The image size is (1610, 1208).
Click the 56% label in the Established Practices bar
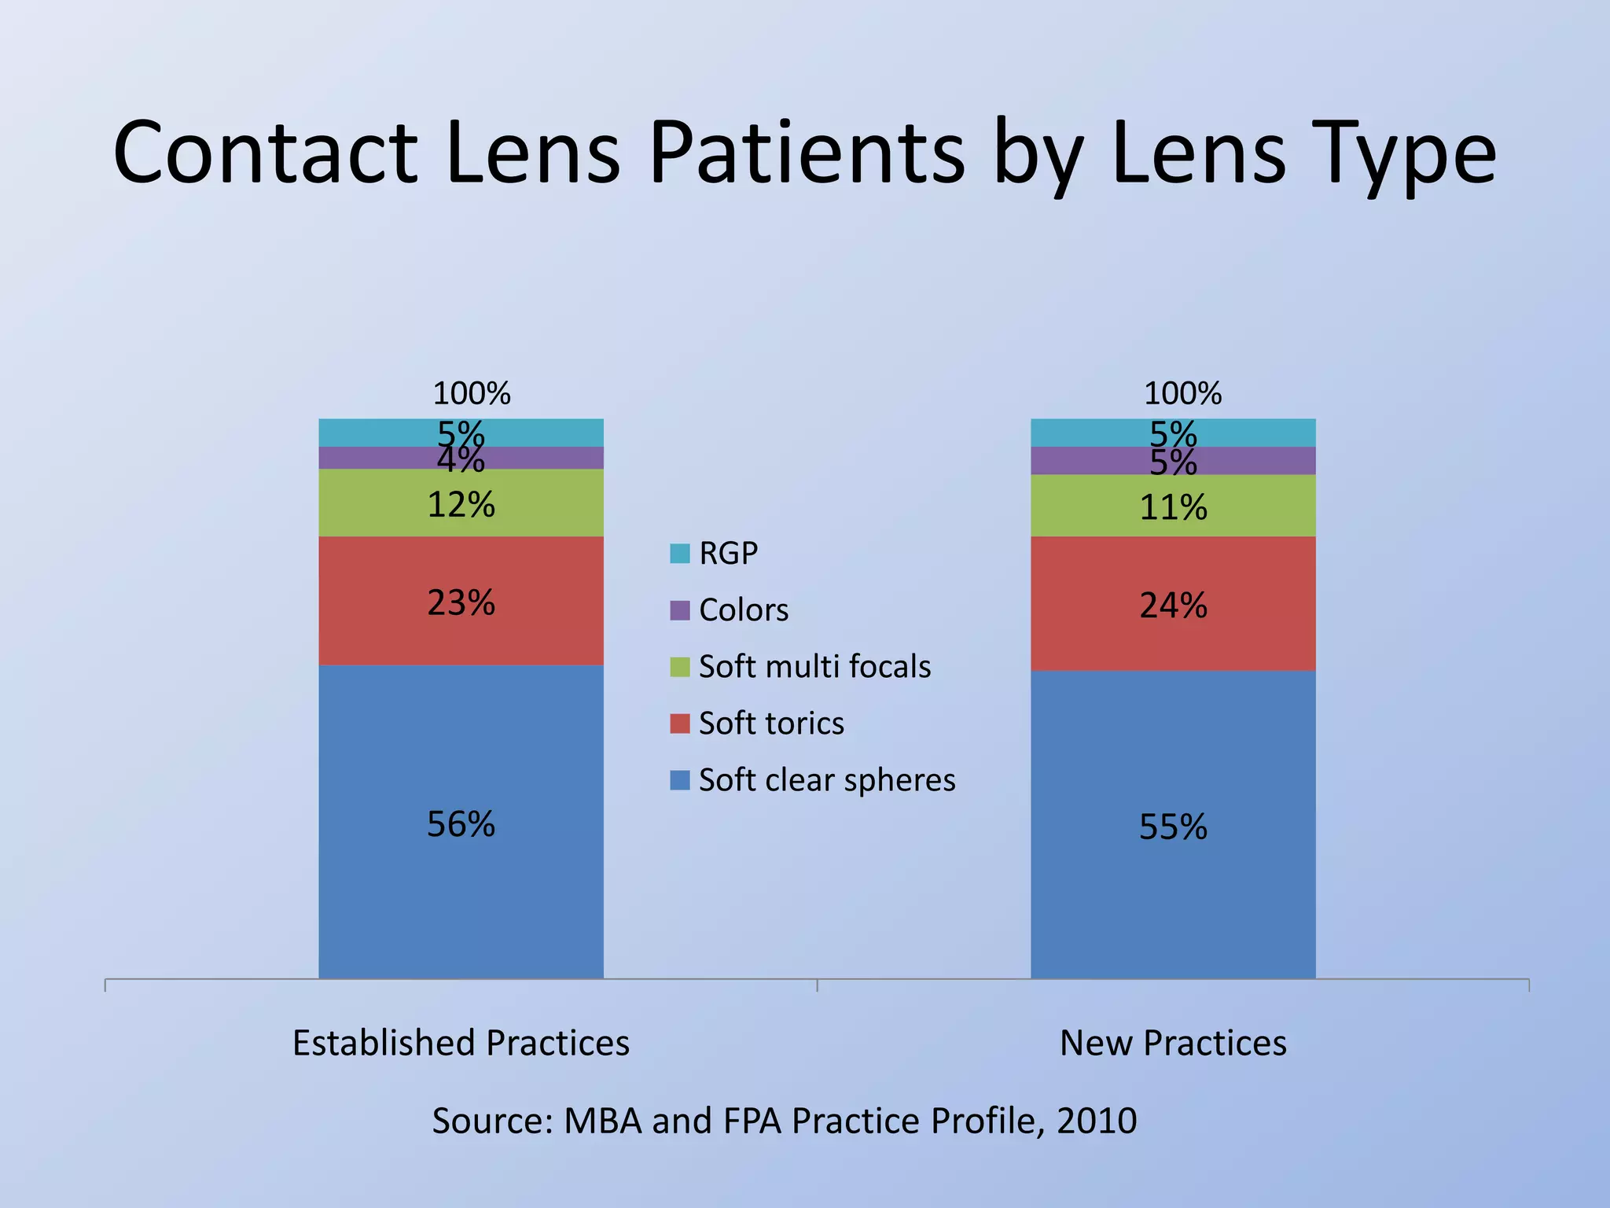point(461,824)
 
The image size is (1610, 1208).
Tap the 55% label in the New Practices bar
point(1173,827)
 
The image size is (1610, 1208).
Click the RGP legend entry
point(727,554)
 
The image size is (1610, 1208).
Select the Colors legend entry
point(743,610)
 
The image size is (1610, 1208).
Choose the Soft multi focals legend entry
point(814,667)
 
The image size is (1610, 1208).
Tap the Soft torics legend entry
point(770,724)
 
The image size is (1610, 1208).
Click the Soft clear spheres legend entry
point(825,780)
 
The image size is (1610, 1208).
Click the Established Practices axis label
point(461,1044)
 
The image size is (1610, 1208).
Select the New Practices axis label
point(1173,1044)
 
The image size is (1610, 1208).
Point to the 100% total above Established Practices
point(472,393)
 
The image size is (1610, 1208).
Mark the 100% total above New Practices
point(1182,393)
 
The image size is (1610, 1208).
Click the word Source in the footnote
point(493,1121)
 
